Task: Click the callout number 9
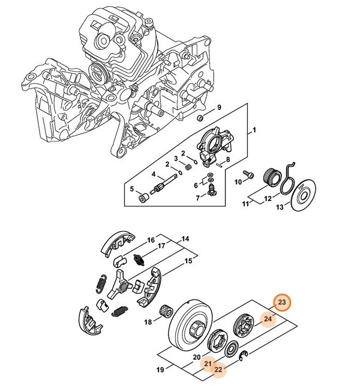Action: tap(219, 107)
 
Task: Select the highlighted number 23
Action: tap(282, 303)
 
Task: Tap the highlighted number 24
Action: tap(268, 319)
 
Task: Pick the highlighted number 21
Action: tap(208, 363)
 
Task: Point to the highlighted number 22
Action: tap(218, 370)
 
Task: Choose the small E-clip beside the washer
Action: tap(247, 355)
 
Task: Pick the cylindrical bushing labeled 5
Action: tap(143, 195)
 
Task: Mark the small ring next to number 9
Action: tap(200, 118)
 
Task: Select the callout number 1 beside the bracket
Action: tap(253, 131)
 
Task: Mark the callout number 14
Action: tap(185, 239)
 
